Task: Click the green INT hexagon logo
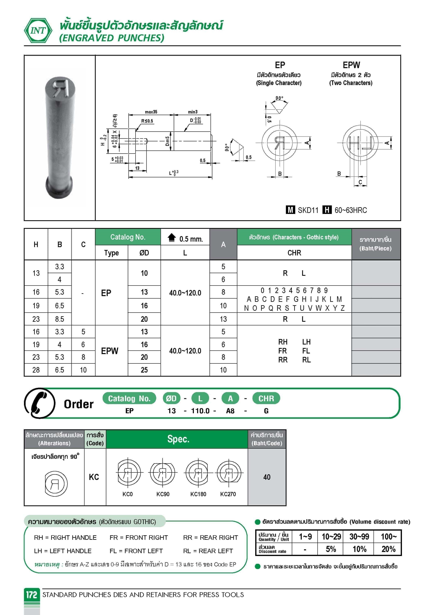click(x=38, y=31)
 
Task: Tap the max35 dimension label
click(x=151, y=112)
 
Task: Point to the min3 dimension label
click(x=192, y=112)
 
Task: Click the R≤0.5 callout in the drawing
click(x=147, y=121)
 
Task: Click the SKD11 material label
click(x=308, y=210)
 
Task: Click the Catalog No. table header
click(x=128, y=237)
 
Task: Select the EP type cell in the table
click(x=106, y=293)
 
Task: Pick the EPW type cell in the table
click(x=110, y=351)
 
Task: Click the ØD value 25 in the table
click(x=144, y=370)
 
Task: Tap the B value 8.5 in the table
click(x=59, y=319)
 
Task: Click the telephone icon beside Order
click(x=39, y=403)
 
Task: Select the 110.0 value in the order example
click(x=200, y=411)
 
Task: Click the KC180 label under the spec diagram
click(x=198, y=494)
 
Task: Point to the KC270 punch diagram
click(x=229, y=473)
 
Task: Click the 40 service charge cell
click(x=267, y=477)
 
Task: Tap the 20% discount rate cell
click(x=388, y=549)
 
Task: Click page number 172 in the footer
click(x=31, y=595)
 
